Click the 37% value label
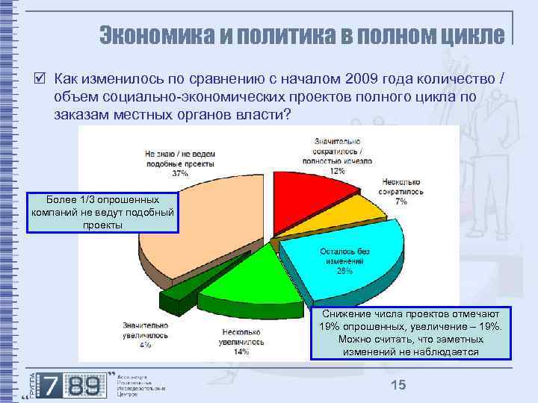tap(179, 173)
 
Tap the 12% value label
tap(338, 171)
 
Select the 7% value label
tap(401, 201)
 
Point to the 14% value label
tap(241, 351)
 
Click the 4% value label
tap(145, 345)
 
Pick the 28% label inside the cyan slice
tap(344, 272)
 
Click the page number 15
tap(398, 384)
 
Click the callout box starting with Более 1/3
tap(103, 213)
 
